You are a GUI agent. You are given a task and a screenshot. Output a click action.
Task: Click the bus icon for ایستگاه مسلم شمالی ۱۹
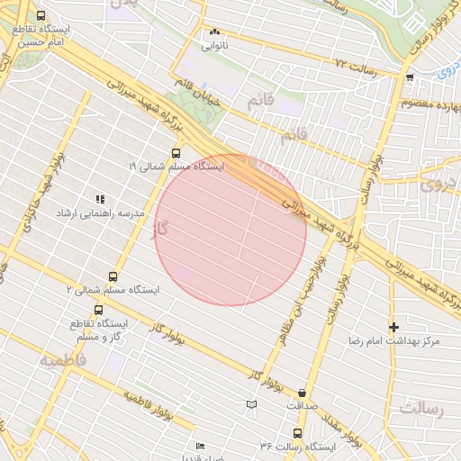tap(176, 153)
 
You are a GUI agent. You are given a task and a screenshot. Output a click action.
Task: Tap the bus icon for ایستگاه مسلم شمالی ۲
tap(113, 276)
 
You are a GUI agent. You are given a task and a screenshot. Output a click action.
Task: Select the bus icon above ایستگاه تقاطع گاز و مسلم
tap(99, 310)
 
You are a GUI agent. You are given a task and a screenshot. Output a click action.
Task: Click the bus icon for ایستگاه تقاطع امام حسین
tap(41, 16)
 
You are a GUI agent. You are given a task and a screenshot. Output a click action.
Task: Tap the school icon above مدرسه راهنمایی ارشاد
tap(100, 199)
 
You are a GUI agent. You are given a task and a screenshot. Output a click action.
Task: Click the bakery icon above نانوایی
tap(214, 32)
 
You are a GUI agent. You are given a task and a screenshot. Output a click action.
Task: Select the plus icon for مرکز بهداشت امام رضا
tap(393, 327)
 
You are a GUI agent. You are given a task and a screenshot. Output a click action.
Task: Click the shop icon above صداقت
tap(301, 393)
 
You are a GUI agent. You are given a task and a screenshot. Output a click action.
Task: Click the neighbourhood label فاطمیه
tap(62, 359)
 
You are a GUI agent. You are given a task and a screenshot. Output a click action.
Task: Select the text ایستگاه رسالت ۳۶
tap(297, 447)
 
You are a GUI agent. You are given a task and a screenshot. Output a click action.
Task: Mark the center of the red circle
tap(230, 230)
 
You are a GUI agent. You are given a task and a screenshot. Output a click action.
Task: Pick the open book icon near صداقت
tap(251, 405)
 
